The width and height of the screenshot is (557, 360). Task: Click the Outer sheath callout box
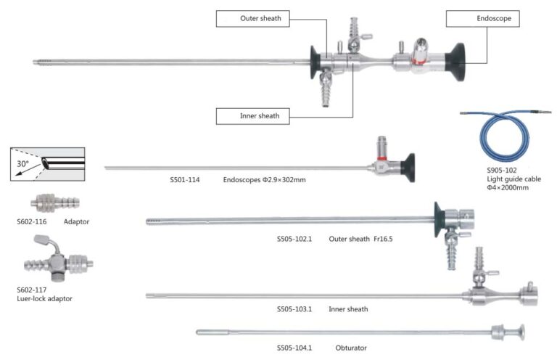[x=252, y=18]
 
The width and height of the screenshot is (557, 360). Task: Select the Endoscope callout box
[x=483, y=18]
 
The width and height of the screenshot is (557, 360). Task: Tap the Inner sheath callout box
[x=252, y=116]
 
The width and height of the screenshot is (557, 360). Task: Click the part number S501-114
[x=185, y=180]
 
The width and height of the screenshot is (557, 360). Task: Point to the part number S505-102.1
[x=294, y=239]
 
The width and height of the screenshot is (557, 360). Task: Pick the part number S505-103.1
[x=294, y=309]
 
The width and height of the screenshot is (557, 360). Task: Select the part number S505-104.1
[x=294, y=348]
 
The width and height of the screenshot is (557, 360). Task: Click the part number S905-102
[x=502, y=171]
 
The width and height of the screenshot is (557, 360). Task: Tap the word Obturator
[x=351, y=348]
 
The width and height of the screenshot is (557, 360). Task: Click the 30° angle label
[x=22, y=164]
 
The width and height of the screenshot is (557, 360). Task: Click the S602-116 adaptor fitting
[x=54, y=203]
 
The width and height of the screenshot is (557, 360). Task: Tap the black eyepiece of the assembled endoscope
[x=455, y=62]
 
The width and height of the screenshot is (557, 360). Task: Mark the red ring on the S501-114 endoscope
[x=382, y=158]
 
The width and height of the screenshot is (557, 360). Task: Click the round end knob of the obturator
[x=522, y=332]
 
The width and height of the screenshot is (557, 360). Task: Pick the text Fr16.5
[x=383, y=239]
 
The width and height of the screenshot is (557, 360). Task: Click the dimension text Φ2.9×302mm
[x=284, y=180]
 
